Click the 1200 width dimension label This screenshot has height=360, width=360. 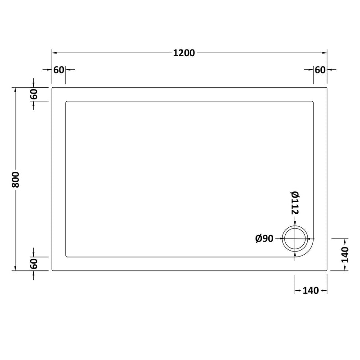184,53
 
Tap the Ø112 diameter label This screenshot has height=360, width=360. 295,202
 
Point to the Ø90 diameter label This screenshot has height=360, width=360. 264,239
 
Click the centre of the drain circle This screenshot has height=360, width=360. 295,238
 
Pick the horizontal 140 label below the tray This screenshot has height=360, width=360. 311,291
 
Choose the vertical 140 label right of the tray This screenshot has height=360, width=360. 345,255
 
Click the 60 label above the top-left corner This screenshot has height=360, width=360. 58,70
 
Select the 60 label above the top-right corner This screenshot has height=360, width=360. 320,70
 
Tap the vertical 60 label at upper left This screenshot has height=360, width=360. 34,94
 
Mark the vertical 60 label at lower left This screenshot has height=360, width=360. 34,264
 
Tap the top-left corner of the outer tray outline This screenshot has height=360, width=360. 52,88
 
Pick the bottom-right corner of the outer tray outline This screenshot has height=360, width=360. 327,271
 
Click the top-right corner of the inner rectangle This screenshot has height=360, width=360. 313,101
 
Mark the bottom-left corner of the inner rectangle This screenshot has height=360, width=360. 66,257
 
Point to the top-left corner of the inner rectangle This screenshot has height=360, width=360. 66,101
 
